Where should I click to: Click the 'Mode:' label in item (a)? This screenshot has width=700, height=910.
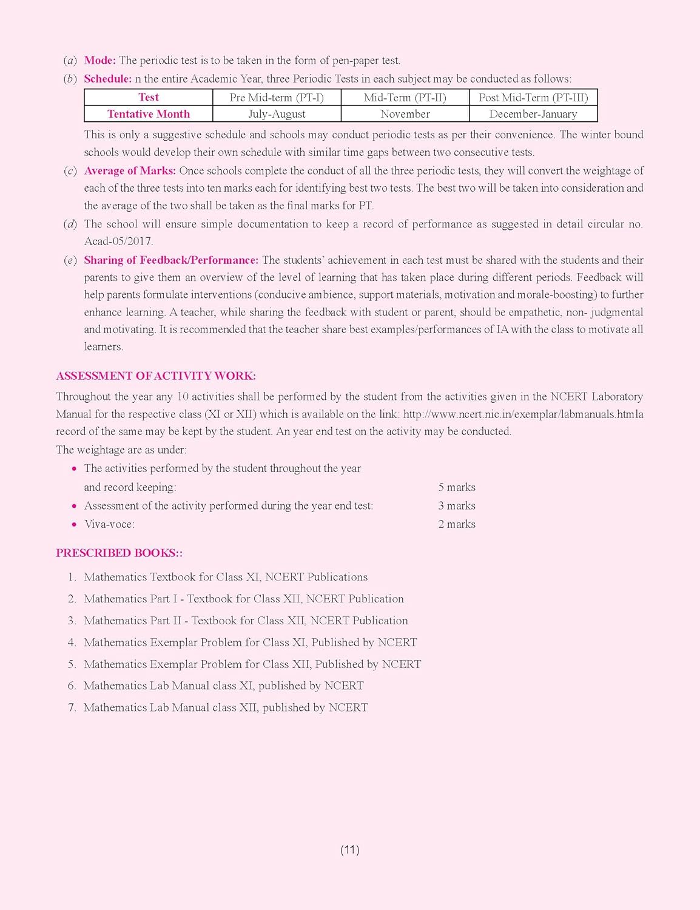(x=100, y=60)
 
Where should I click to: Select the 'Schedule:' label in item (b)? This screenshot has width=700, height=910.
(x=107, y=78)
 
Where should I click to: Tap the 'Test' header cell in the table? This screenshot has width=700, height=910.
(x=149, y=97)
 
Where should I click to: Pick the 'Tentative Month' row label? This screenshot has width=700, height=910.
(x=149, y=114)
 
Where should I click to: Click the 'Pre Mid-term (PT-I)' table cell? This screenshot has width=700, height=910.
(x=277, y=97)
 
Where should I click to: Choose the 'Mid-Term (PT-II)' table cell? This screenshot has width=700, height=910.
(x=405, y=97)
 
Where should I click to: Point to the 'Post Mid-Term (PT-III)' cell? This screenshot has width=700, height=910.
(x=533, y=97)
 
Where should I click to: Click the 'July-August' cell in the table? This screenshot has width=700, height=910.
(x=277, y=114)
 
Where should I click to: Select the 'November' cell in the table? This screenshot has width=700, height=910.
(x=405, y=114)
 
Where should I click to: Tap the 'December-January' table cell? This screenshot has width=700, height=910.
(x=533, y=114)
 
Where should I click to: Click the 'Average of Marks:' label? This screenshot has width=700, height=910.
(x=130, y=170)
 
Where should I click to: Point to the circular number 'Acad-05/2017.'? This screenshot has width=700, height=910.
(x=118, y=241)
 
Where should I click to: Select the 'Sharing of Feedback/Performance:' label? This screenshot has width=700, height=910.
(x=171, y=260)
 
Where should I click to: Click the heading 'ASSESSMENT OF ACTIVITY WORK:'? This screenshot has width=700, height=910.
(x=156, y=376)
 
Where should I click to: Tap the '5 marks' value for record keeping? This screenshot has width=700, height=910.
(x=457, y=487)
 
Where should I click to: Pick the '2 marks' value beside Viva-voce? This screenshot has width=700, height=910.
(x=457, y=524)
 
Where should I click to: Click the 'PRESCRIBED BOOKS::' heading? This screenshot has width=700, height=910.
(x=119, y=553)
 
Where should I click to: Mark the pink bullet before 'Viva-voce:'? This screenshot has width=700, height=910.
(x=74, y=524)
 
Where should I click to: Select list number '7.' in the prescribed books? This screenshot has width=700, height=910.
(x=72, y=707)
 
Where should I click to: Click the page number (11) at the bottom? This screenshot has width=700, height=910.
(x=350, y=849)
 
